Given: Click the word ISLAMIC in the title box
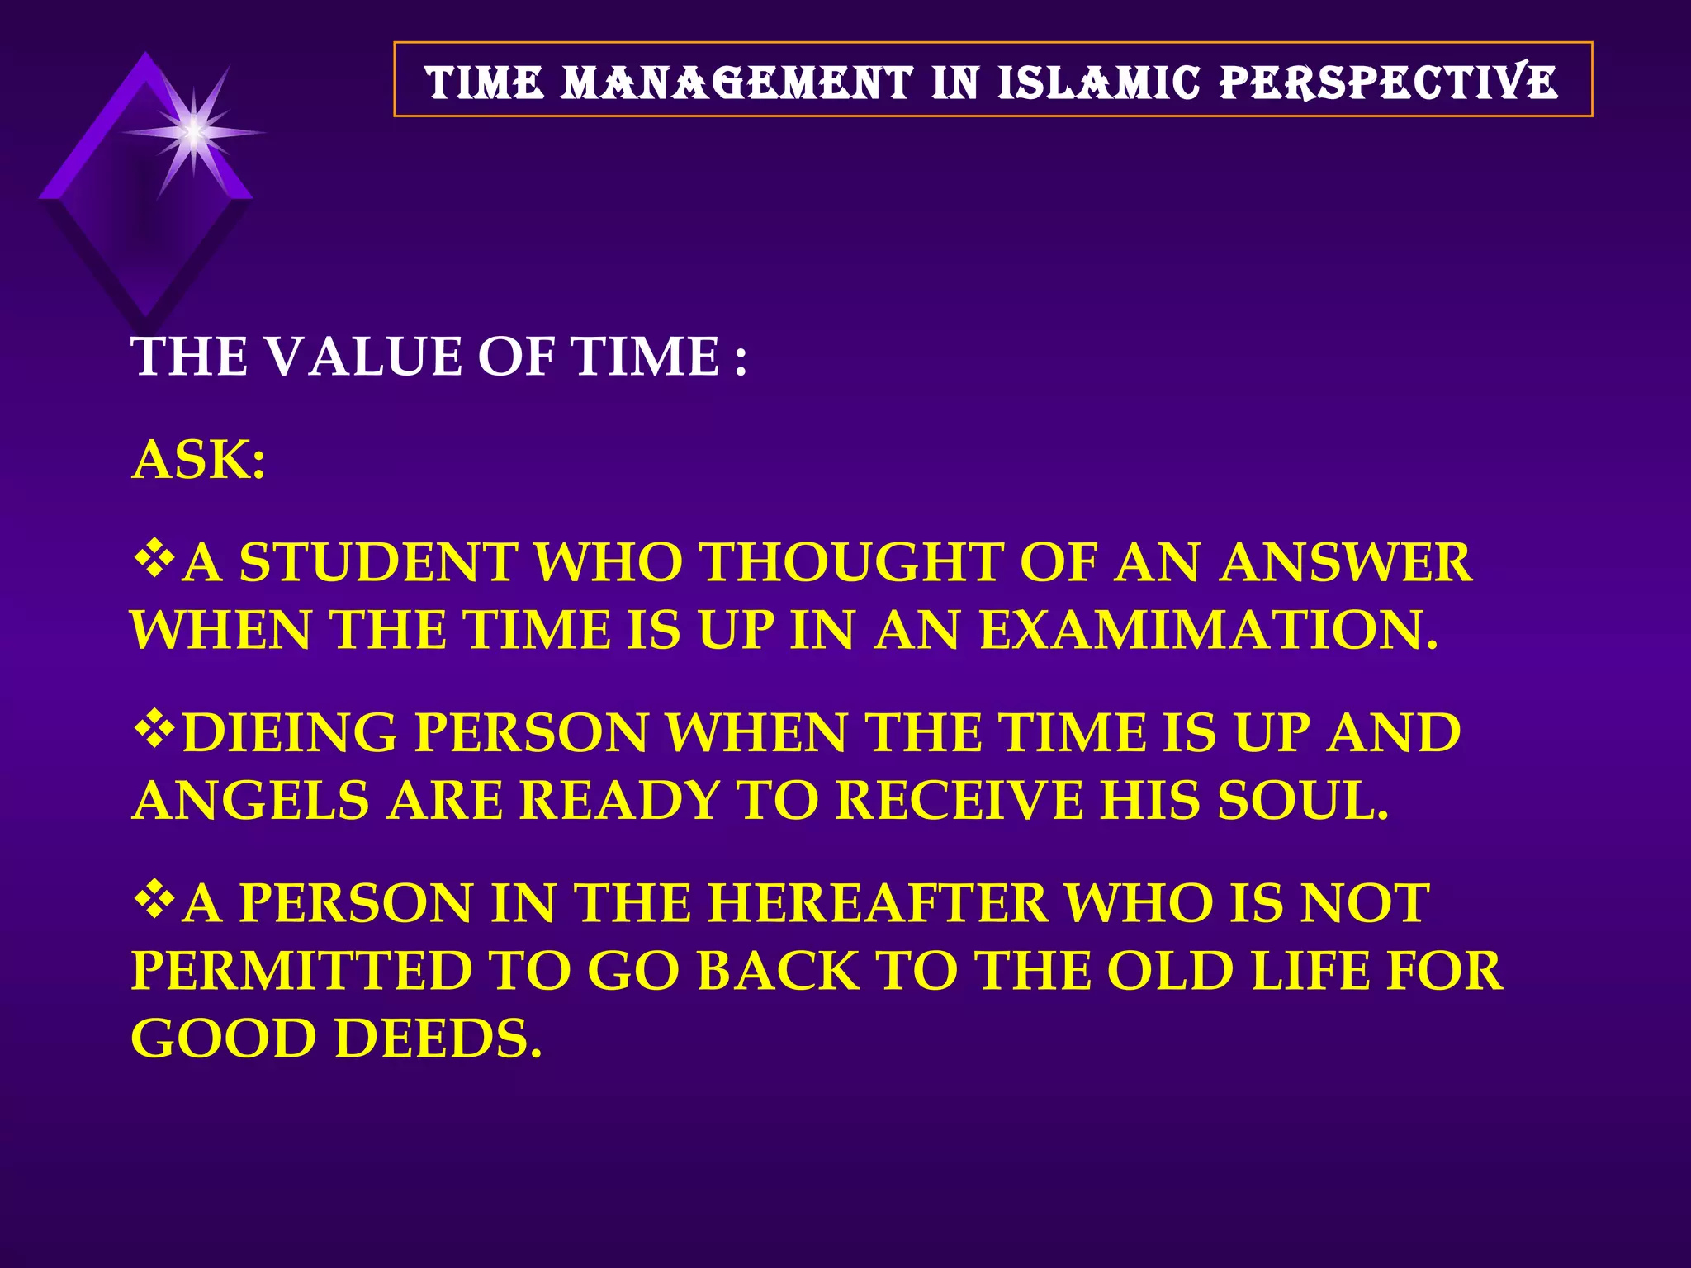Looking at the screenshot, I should coord(1098,83).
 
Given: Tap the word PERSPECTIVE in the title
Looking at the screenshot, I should coord(1389,83).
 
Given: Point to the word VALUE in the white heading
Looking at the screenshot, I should coord(362,357).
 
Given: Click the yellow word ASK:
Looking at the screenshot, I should coord(199,460).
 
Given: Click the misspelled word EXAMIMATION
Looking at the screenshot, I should coord(1207,630).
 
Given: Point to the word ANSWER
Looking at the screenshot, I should coord(1346,562).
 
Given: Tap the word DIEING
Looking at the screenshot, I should coord(289,732).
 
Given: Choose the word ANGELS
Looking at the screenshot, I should coord(250,801).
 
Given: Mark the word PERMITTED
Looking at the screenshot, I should coord(301,971).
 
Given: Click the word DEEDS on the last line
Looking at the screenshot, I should coord(438,1039).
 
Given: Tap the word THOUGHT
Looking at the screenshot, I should coord(850,562).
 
